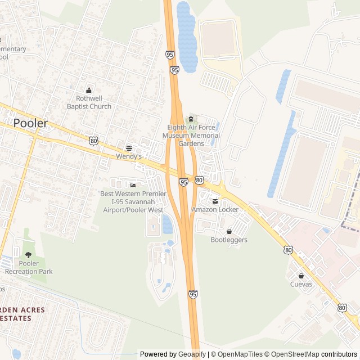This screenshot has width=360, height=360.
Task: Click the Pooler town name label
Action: tap(30, 123)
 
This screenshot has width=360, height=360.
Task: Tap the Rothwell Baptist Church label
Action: tap(89, 102)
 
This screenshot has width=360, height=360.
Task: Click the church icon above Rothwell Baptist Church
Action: tap(89, 90)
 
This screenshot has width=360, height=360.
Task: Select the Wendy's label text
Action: tap(129, 156)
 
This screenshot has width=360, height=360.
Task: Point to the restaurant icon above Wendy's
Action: tap(129, 148)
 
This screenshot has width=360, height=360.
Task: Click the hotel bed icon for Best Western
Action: tap(133, 186)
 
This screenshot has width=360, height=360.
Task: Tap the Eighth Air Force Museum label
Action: tap(191, 136)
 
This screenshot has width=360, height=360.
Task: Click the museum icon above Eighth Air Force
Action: tap(191, 119)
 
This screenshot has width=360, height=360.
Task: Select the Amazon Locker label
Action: tap(215, 210)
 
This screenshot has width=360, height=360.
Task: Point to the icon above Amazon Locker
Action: tap(215, 201)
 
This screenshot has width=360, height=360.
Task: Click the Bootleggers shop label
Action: tap(229, 240)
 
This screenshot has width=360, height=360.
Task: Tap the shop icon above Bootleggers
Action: tap(229, 231)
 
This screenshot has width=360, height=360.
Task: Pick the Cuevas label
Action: tap(301, 285)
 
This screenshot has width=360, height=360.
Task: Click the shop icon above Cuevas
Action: tap(301, 276)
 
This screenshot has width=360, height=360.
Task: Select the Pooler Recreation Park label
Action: tap(29, 267)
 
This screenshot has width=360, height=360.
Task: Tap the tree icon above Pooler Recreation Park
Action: tap(29, 255)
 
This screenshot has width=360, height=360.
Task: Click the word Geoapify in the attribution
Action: tap(192, 354)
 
